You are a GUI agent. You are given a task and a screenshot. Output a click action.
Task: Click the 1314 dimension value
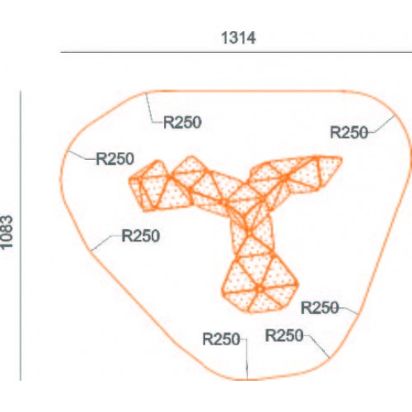[x=238, y=38]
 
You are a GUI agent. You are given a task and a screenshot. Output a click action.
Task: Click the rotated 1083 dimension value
[x=7, y=232]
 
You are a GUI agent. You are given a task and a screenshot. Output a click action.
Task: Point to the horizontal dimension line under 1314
[x=236, y=52]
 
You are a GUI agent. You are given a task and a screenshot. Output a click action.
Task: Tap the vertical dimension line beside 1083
[x=21, y=236]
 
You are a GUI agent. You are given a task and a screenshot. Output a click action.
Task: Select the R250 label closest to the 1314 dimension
[x=182, y=123]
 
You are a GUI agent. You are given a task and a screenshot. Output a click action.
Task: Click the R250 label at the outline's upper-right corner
[x=349, y=133]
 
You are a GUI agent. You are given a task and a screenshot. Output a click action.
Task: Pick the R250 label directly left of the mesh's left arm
[x=115, y=159]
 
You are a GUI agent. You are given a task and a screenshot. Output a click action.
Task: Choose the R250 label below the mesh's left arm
[x=141, y=236]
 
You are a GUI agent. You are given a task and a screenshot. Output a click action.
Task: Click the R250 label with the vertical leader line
[x=222, y=339]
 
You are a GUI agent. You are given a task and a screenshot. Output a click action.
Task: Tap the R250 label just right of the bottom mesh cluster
[x=320, y=307]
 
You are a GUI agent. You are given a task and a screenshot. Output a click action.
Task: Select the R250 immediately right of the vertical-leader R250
[x=284, y=335]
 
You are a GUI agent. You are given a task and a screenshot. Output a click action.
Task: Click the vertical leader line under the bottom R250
[x=246, y=358]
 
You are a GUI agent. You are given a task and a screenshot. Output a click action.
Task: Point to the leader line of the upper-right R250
[x=382, y=125]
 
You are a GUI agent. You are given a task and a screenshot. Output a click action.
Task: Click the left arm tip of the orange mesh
[x=129, y=180]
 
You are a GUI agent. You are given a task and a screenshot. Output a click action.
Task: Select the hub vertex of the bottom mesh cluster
[x=260, y=288]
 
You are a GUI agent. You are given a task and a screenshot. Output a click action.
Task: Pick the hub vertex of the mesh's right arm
[x=286, y=177]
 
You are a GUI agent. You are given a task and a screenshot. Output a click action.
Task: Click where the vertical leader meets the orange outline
[x=247, y=379]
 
